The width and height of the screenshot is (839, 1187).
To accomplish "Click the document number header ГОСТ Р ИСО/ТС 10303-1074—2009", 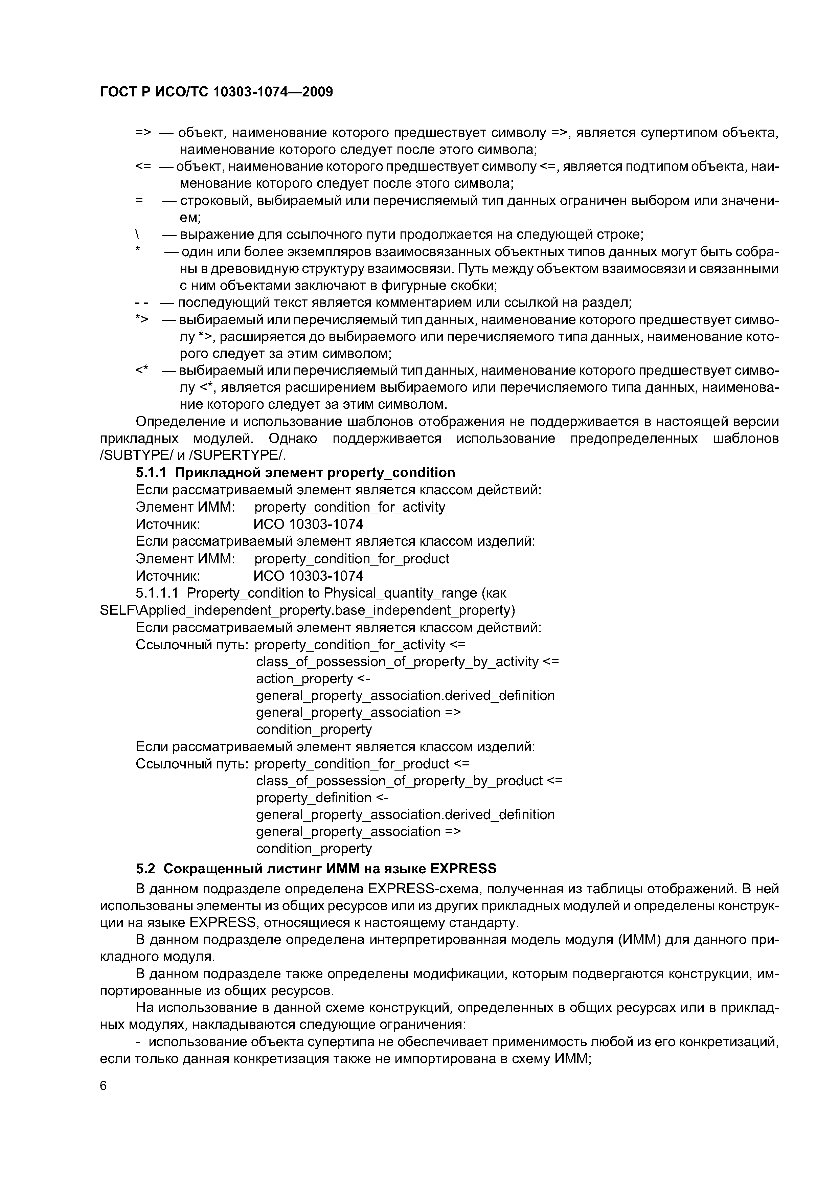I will pos(216,92).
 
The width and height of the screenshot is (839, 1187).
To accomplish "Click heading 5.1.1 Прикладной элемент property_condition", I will pos(295,472).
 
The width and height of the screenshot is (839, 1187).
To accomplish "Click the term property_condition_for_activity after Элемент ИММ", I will pos(349,507).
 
